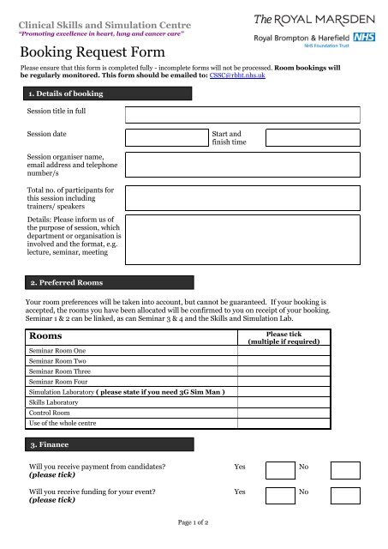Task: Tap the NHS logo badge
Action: click(362, 38)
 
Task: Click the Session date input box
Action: click(166, 138)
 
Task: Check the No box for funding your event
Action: click(345, 495)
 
